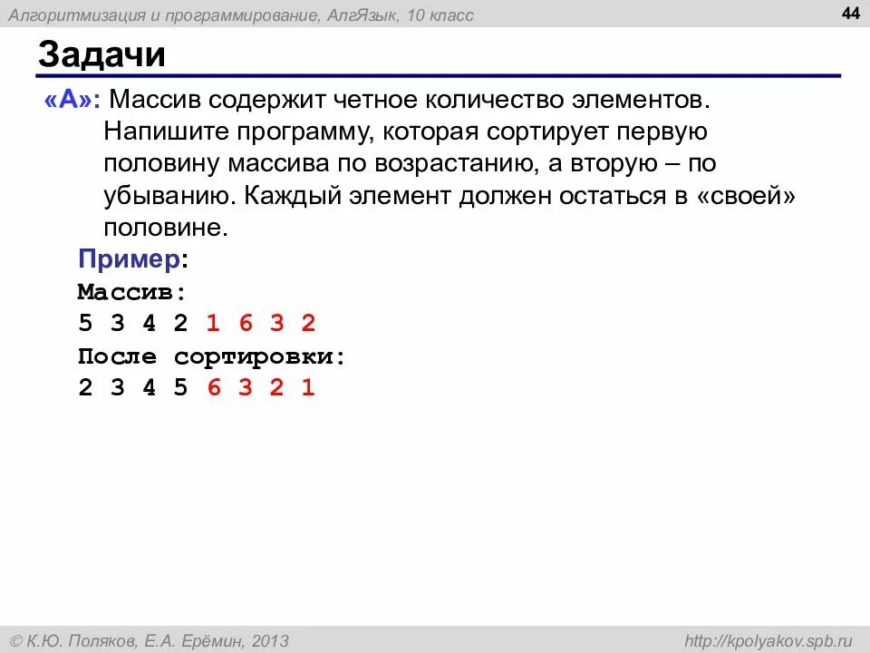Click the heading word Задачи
101,55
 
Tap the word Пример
129,259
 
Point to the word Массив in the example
129,292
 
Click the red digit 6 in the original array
245,324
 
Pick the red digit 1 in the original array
213,324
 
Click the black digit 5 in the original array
85,324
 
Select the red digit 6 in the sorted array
214,388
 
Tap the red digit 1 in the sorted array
308,388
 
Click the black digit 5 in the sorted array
180,388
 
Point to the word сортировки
259,356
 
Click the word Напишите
166,131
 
